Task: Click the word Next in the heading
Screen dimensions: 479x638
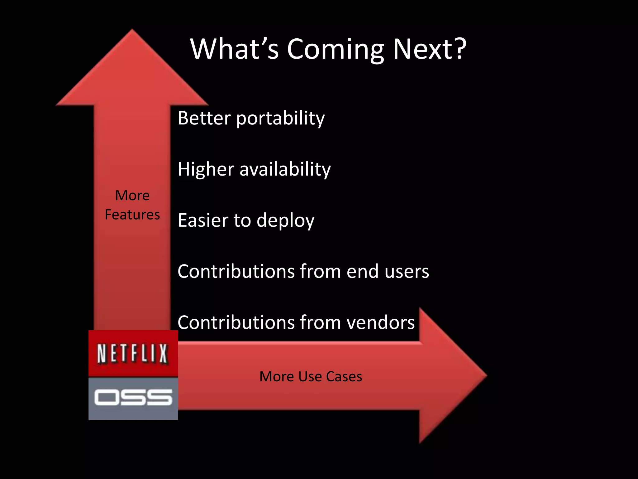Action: coord(421,49)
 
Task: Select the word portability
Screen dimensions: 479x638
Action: coord(280,119)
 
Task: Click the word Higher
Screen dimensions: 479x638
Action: coord(206,169)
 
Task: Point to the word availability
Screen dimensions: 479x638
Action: coord(285,169)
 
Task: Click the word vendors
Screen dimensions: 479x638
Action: coord(380,322)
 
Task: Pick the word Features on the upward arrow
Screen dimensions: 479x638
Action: coord(132,215)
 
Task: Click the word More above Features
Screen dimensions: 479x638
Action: coord(132,196)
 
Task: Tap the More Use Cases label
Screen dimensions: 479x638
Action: coord(311,376)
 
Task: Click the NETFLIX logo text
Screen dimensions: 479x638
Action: coord(133,354)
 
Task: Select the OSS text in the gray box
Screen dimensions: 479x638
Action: coord(133,397)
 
